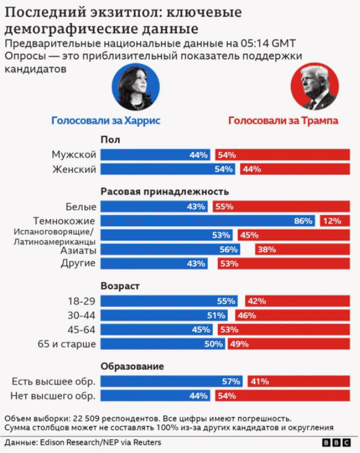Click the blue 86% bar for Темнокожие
pos(208,221)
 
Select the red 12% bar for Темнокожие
pos(335,221)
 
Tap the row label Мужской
pos(74,154)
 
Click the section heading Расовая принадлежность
pos(165,192)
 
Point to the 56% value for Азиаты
pos(228,249)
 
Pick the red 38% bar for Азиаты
pos(302,249)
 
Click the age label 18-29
pos(81,301)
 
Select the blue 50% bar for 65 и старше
pos(163,344)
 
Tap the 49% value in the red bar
pos(239,344)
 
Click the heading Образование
pos(132,366)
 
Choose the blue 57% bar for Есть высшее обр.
pos(172,381)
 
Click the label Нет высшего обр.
pos(53,396)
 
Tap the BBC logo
pos(337,442)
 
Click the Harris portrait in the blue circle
pos(136,87)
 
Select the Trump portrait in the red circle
pos(314,87)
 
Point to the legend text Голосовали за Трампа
pos(283,120)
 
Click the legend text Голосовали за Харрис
pos(106,120)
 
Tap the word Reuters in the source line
pos(147,442)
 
